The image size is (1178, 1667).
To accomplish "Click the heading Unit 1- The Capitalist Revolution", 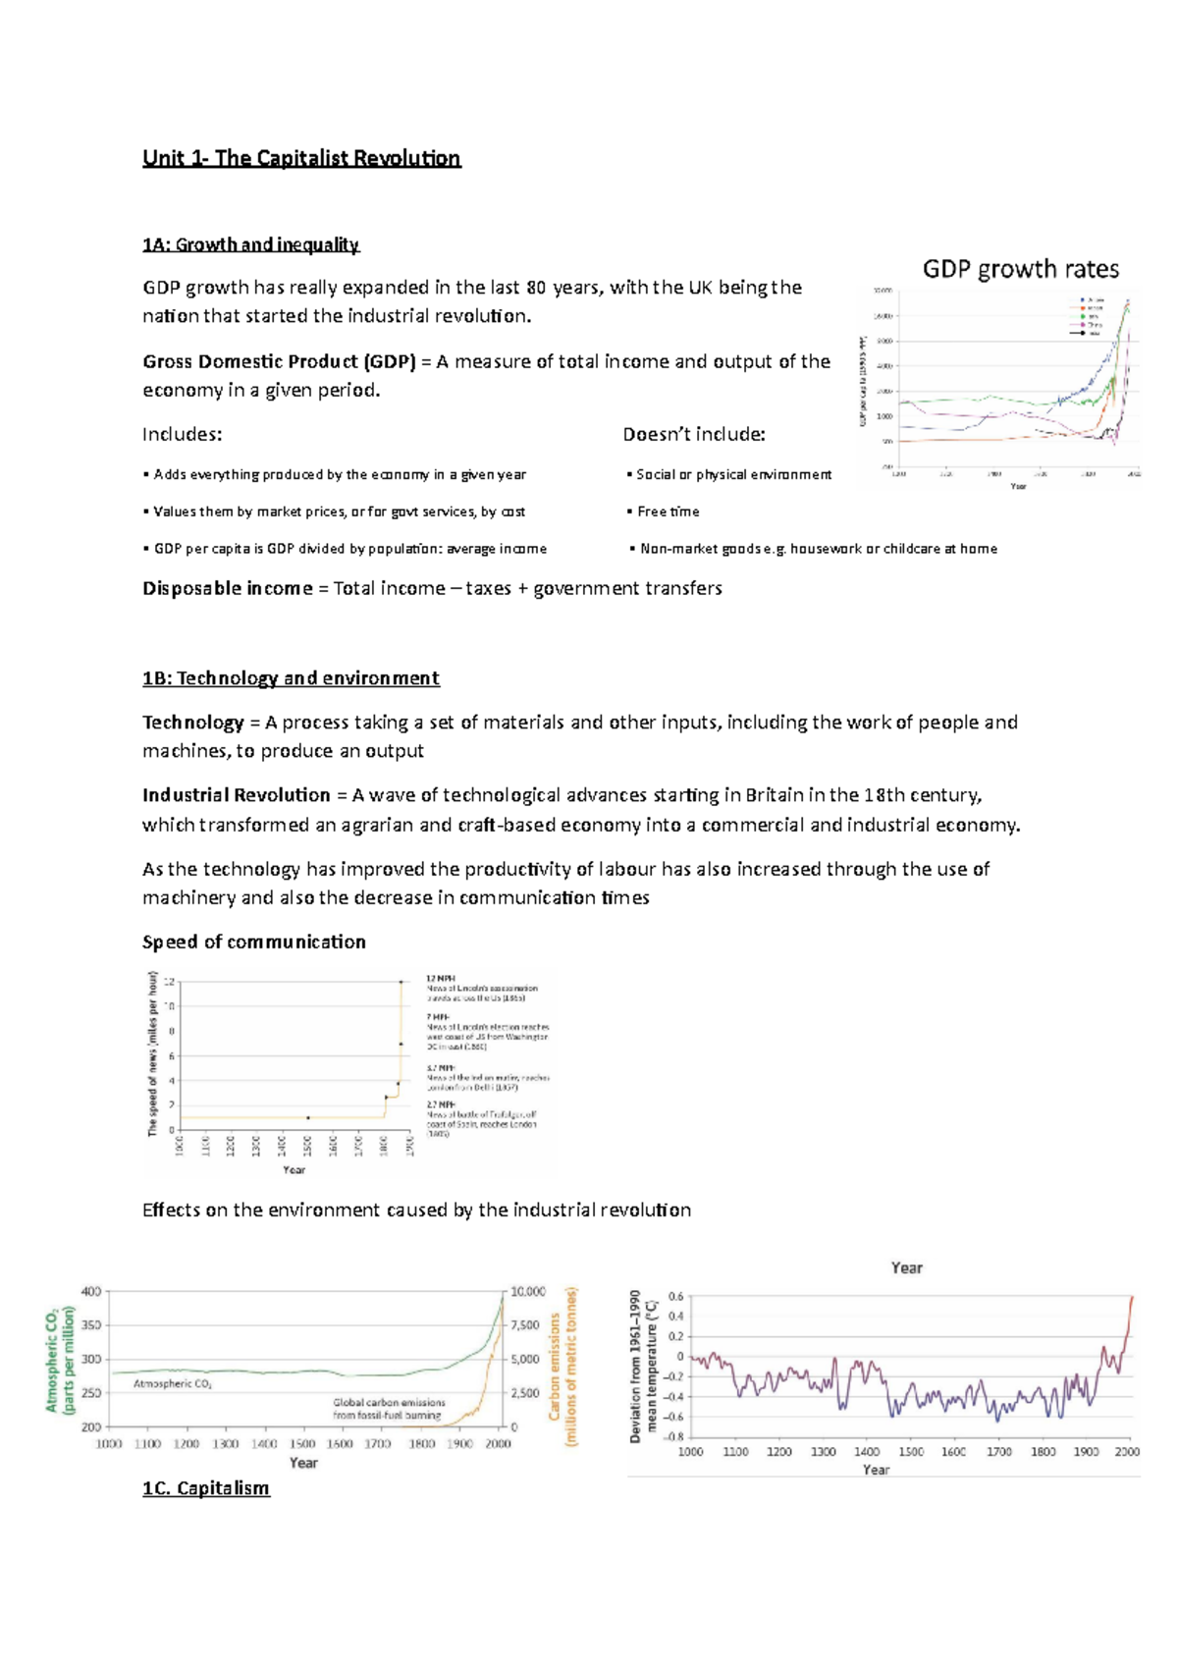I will pyautogui.click(x=301, y=159).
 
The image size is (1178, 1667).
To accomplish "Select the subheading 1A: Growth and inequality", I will pyautogui.click(x=250, y=244).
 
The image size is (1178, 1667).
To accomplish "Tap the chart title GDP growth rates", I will pyautogui.click(x=1020, y=269).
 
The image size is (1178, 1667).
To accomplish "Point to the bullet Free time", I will pyautogui.click(x=668, y=511).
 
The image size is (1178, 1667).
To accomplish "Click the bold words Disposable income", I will pyautogui.click(x=227, y=588).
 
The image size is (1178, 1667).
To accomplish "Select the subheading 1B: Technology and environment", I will pyautogui.click(x=291, y=678).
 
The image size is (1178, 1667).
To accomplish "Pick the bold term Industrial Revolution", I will pyautogui.click(x=236, y=795).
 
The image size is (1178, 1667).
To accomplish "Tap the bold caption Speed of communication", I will pyautogui.click(x=253, y=941).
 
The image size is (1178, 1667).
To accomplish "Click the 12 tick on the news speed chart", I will pyautogui.click(x=169, y=982).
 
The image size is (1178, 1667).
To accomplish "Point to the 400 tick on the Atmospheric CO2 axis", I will pyautogui.click(x=91, y=1292).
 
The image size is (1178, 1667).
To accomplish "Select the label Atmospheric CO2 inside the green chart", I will pyautogui.click(x=172, y=1383).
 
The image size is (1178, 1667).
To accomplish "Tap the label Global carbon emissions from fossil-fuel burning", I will pyautogui.click(x=389, y=1409).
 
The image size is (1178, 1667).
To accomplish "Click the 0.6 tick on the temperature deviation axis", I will pyautogui.click(x=675, y=1297).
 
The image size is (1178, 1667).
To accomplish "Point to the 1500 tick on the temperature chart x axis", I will pyautogui.click(x=910, y=1451).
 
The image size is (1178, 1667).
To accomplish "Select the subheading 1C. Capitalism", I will pyautogui.click(x=205, y=1488).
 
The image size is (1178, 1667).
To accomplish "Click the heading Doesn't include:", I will pyautogui.click(x=693, y=434).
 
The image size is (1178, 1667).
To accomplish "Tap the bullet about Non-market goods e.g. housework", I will pyautogui.click(x=818, y=549).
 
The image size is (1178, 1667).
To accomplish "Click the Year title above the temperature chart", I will pyautogui.click(x=906, y=1268).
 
